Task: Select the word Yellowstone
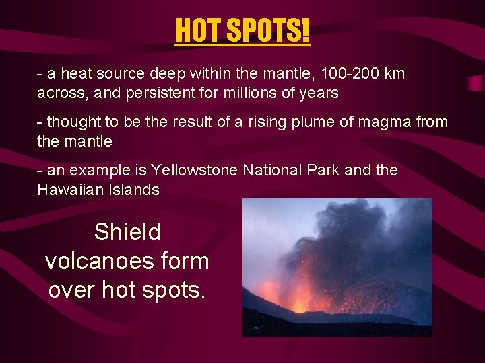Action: point(195,171)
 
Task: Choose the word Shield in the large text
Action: point(127,232)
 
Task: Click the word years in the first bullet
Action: point(319,93)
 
